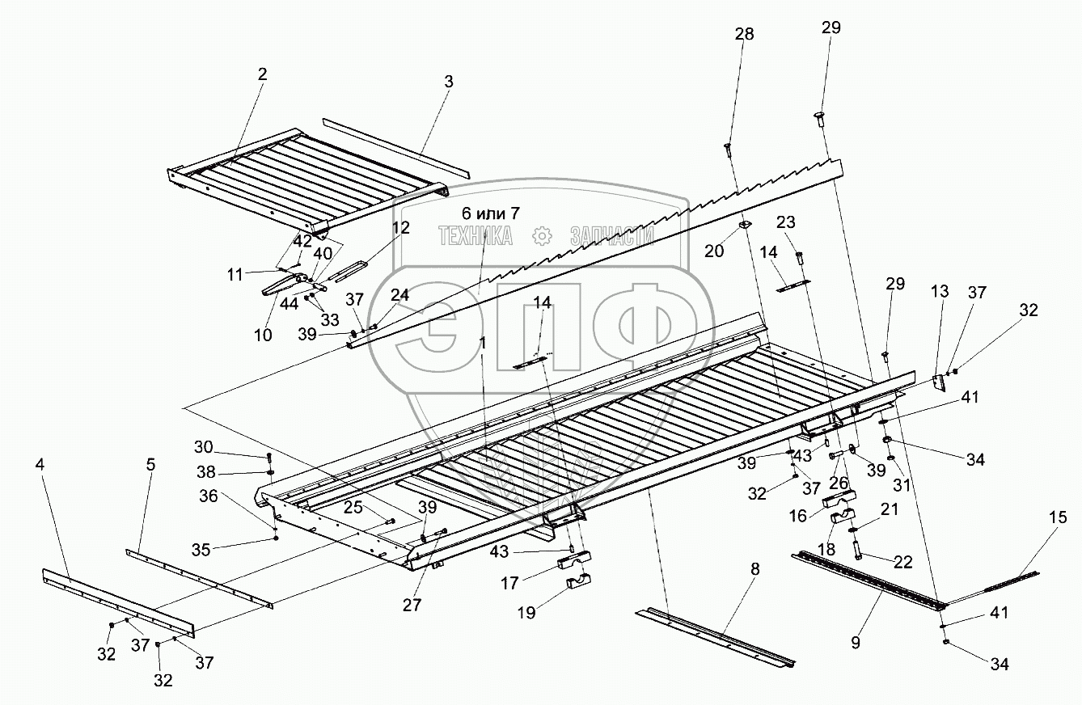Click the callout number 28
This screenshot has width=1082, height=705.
pos(744,34)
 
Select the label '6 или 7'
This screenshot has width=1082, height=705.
pos(491,213)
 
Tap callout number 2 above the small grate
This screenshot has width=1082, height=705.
pos(262,74)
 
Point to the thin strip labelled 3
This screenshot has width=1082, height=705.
pos(396,146)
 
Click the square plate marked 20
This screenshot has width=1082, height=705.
pos(746,224)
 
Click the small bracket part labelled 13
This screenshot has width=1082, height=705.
pos(940,382)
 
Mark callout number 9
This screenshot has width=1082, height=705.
pos(856,644)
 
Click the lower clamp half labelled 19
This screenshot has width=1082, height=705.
pos(575,580)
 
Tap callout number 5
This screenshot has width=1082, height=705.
pos(150,465)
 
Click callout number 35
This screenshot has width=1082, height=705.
pos(201,550)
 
